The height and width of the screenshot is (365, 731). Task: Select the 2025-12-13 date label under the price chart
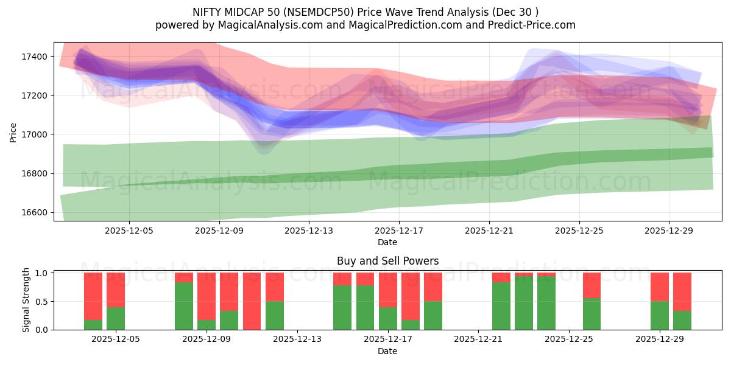tap(309, 231)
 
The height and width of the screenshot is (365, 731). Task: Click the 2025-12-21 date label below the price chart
tap(489, 231)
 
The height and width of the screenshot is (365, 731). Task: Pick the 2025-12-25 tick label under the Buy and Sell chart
tap(568, 339)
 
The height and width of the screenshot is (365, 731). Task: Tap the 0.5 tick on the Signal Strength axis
tap(41, 302)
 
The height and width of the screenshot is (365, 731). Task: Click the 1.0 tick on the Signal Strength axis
tap(41, 273)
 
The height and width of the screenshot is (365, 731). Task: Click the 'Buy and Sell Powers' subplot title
tap(387, 262)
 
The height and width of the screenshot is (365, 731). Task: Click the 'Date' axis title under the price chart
tap(387, 242)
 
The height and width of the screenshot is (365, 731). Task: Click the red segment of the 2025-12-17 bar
tap(387, 290)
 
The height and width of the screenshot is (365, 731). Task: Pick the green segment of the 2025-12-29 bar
tap(660, 315)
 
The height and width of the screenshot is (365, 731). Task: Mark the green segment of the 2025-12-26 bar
tap(592, 314)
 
